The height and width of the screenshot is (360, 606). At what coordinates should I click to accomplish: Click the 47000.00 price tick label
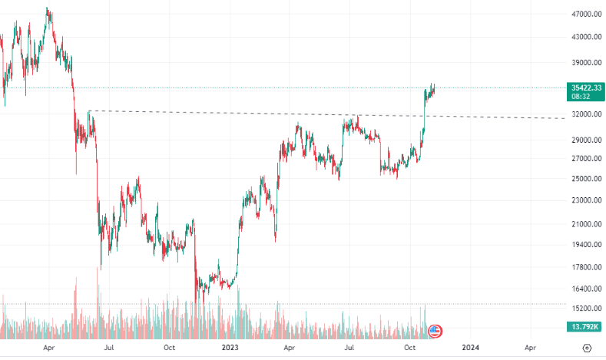585,14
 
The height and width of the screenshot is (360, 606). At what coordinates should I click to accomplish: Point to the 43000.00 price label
585,36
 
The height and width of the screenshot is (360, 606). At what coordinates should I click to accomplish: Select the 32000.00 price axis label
585,114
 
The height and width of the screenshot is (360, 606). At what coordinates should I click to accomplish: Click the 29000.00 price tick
585,140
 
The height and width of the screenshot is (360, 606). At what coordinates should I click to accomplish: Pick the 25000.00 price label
585,178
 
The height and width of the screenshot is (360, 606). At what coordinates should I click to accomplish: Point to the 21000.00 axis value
585,223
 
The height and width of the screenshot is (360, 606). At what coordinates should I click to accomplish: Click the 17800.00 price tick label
585,267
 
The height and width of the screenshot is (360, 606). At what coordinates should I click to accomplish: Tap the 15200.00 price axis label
585,308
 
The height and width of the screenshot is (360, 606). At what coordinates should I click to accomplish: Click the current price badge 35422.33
585,88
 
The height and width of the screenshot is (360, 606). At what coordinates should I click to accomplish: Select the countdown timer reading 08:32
581,97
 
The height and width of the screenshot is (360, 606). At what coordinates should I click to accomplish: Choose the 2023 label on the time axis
229,347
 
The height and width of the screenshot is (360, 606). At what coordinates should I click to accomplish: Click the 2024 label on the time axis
471,347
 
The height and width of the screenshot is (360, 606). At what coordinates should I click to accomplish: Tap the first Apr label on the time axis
49,347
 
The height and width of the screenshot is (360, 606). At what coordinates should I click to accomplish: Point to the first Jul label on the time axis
110,347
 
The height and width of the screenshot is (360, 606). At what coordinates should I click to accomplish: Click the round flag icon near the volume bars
435,331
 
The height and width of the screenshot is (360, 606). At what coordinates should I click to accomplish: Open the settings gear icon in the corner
587,347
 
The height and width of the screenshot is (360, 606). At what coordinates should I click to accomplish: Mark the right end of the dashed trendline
565,118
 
